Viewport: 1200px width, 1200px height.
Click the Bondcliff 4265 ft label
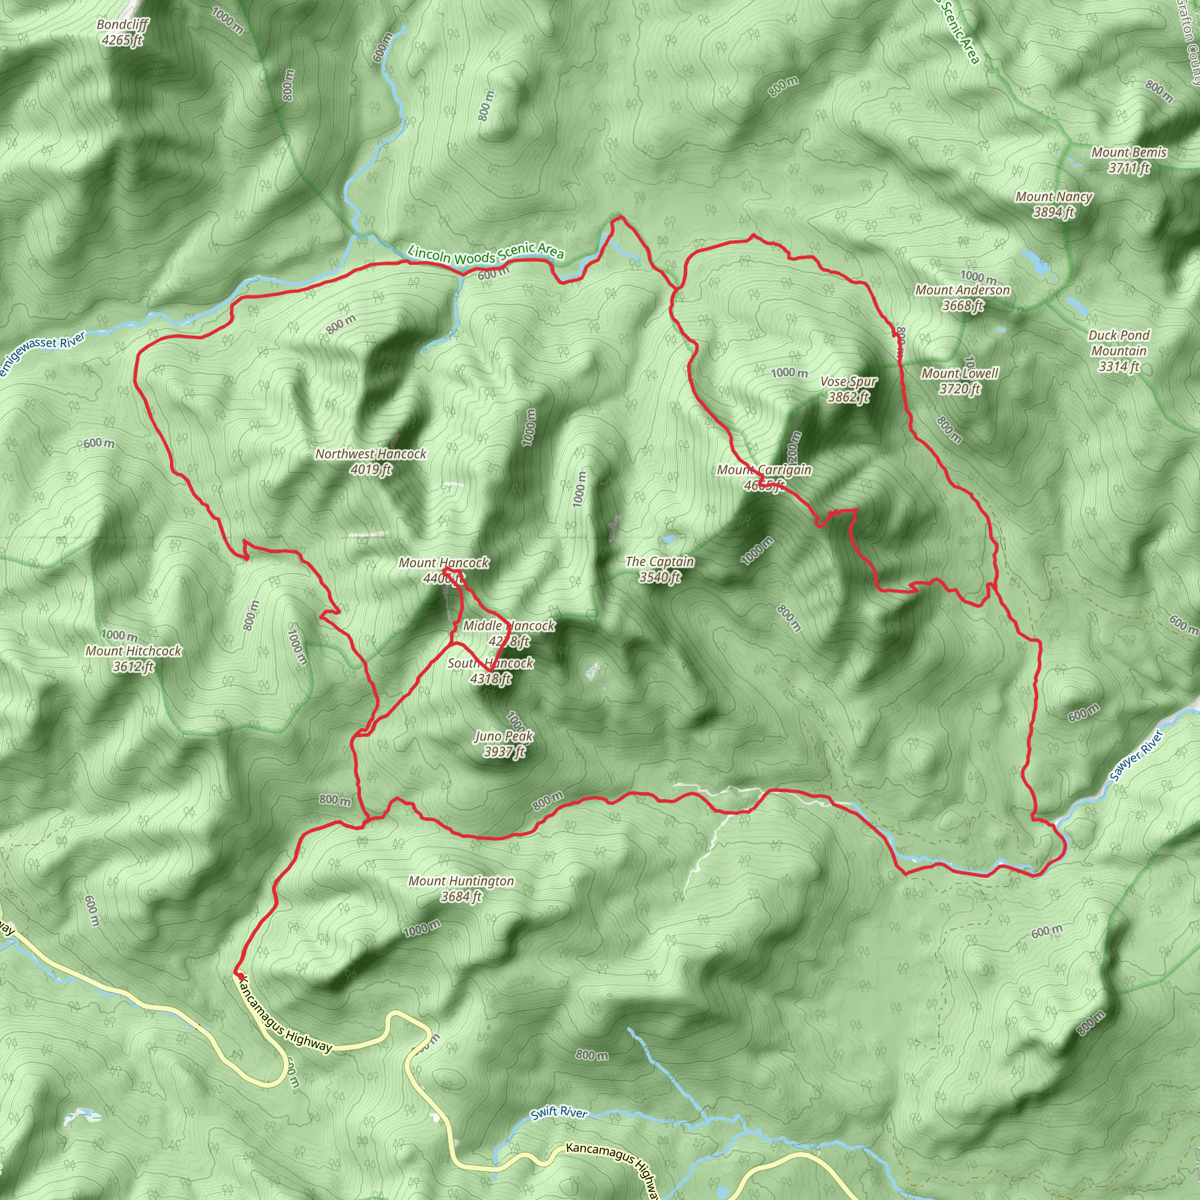(x=122, y=32)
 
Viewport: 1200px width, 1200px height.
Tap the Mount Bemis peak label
(x=1129, y=159)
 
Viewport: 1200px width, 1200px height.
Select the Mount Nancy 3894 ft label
(x=1054, y=204)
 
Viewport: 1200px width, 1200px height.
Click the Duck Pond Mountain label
(x=1119, y=350)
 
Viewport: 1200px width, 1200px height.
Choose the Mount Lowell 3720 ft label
(x=960, y=381)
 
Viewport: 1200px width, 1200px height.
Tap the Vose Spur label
(x=848, y=389)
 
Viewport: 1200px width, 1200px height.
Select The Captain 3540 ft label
(x=660, y=569)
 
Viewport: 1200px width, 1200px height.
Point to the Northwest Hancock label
(x=371, y=462)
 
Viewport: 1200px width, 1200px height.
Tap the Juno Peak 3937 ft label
(x=504, y=744)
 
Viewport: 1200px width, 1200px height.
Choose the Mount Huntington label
(x=461, y=888)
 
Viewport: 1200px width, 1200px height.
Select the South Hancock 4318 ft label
(x=490, y=671)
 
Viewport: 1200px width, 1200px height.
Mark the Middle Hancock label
(x=509, y=633)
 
